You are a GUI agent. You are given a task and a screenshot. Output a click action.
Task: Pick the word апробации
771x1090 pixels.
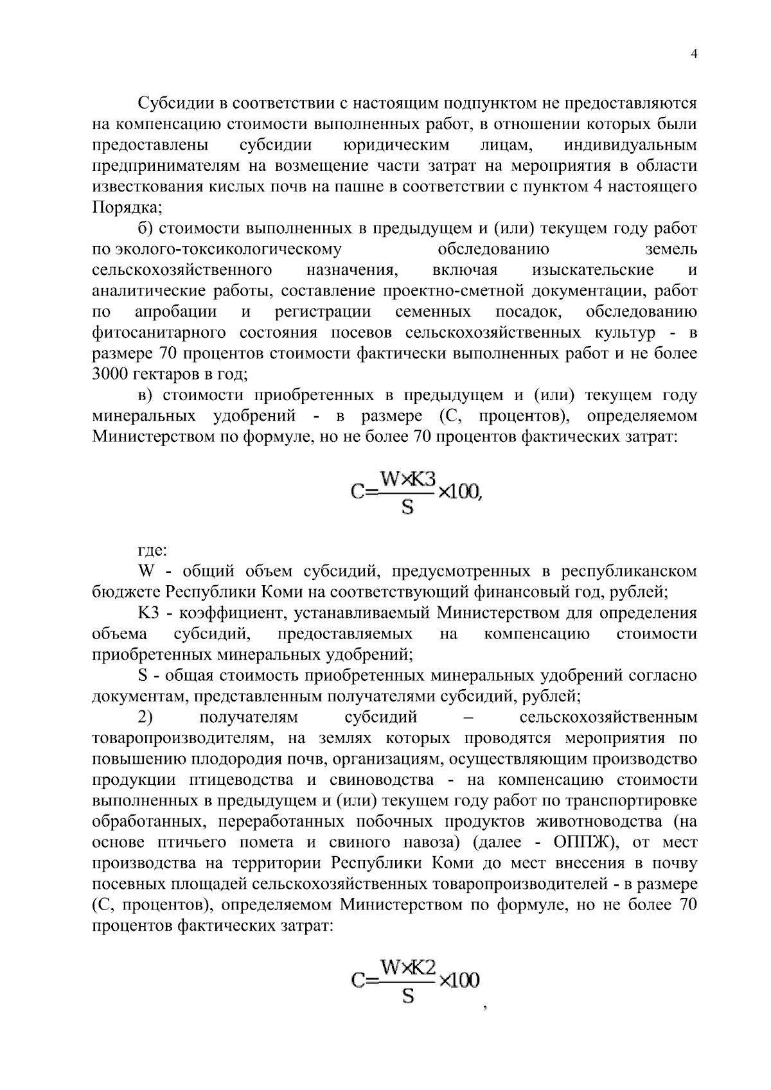point(176,312)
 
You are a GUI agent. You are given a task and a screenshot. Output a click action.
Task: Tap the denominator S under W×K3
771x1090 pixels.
point(407,508)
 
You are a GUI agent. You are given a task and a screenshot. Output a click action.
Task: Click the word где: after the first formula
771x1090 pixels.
point(153,550)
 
